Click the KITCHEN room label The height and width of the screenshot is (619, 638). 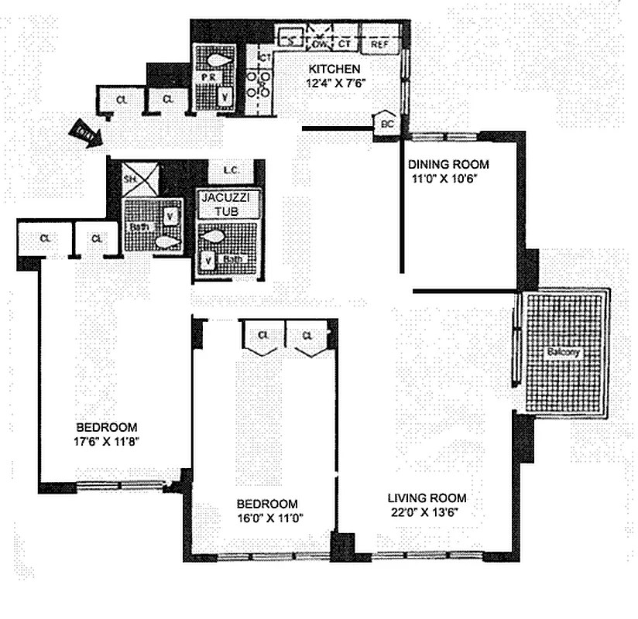tap(334, 67)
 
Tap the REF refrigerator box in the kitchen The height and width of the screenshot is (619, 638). tap(379, 45)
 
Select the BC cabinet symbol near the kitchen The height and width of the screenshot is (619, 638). tap(385, 123)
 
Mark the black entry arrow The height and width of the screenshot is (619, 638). tap(80, 130)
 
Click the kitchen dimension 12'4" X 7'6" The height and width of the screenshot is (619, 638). tap(334, 80)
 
